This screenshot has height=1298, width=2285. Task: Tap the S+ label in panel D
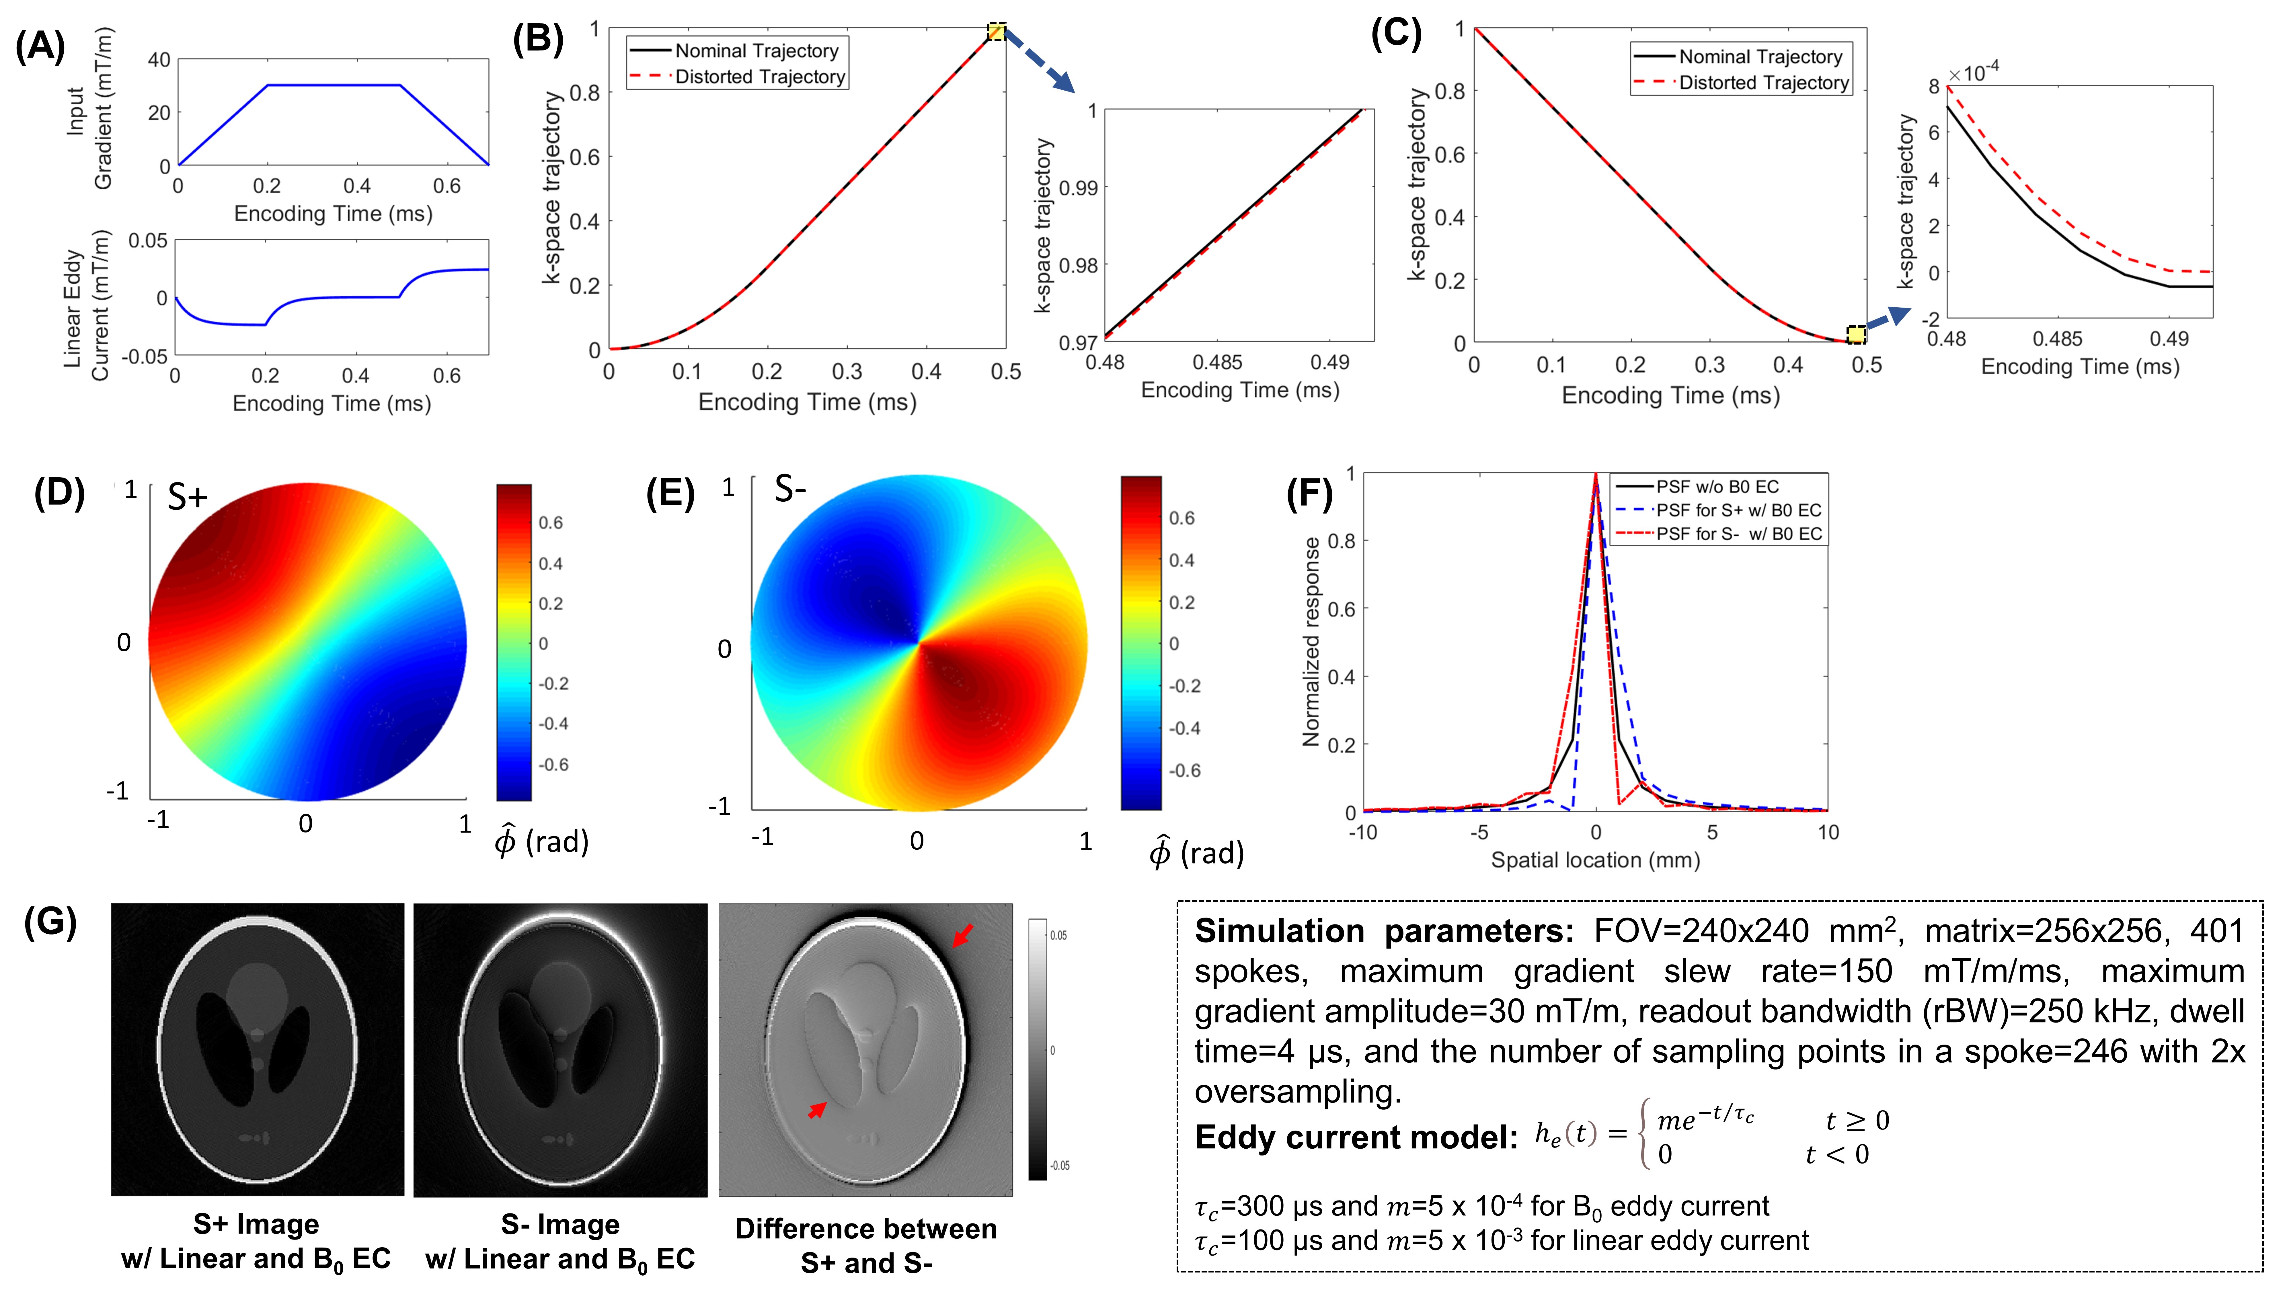click(x=187, y=496)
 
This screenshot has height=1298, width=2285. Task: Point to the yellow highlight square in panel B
click(x=996, y=33)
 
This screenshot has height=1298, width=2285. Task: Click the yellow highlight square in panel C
click(x=1855, y=334)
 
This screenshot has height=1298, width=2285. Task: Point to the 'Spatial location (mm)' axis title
click(x=1595, y=860)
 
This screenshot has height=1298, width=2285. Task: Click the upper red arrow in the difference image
click(x=963, y=934)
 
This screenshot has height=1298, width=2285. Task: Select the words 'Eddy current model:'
click(x=1355, y=1137)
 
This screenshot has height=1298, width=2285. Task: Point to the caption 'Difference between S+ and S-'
click(x=866, y=1246)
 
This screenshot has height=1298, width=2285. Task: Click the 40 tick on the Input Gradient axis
click(x=159, y=60)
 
